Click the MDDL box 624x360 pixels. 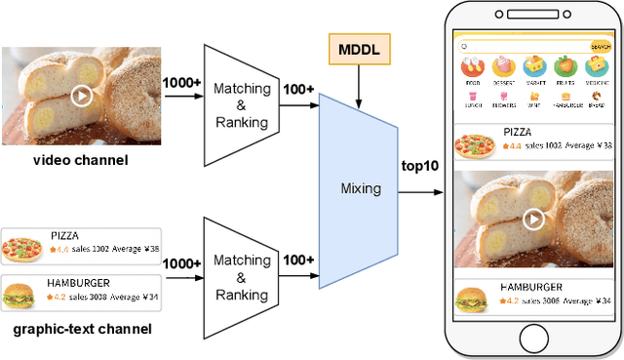(x=359, y=48)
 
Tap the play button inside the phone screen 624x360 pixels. (x=532, y=219)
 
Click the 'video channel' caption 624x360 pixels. (x=67, y=159)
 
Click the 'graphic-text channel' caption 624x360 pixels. (x=82, y=329)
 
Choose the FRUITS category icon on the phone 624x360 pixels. (x=565, y=66)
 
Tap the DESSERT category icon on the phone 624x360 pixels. (x=502, y=66)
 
